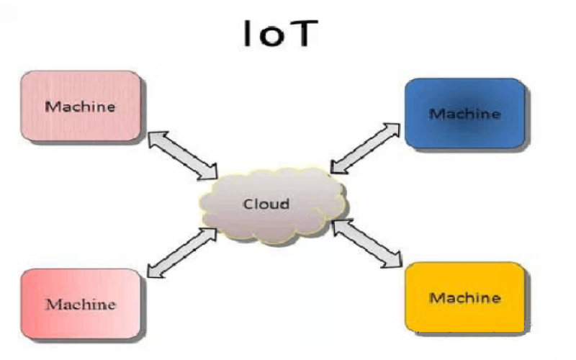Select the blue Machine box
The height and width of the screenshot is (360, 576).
click(x=464, y=113)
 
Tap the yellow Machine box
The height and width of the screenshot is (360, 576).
click(x=464, y=297)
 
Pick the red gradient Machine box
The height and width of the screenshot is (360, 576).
click(x=81, y=303)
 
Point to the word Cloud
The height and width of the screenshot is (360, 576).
click(x=266, y=204)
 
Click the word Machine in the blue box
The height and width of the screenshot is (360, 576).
click(x=464, y=114)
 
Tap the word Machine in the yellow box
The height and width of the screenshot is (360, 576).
click(x=464, y=297)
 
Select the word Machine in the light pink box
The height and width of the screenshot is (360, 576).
click(x=81, y=107)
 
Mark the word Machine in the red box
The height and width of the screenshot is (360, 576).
click(x=81, y=304)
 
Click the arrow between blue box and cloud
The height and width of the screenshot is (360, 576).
click(x=366, y=148)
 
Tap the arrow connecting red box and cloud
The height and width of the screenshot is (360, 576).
click(x=181, y=252)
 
